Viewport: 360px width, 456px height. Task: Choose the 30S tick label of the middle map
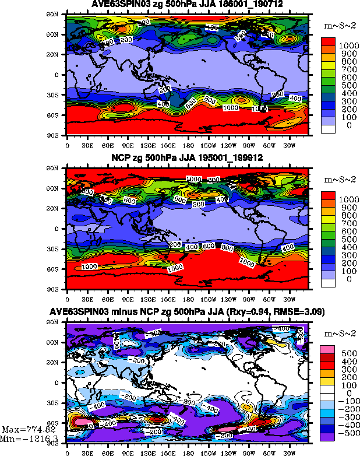coord(57,249)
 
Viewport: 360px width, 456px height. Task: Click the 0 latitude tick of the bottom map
coord(60,383)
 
